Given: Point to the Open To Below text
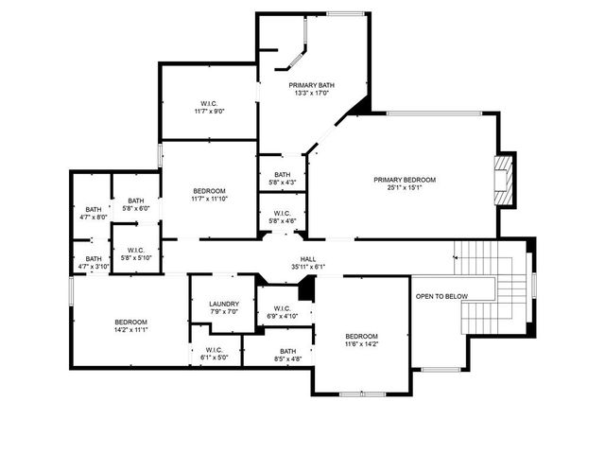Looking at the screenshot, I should [441, 297].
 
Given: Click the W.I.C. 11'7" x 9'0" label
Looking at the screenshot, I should [209, 107].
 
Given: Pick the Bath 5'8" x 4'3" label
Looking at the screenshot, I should [283, 178].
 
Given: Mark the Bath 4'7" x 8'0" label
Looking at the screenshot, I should [93, 213].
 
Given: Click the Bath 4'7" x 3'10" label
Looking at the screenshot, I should [94, 262].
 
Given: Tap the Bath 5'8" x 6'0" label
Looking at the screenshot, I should [136, 204].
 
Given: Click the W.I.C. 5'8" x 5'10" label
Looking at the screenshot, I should [136, 254].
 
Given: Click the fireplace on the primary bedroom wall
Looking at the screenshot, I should [505, 180].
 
